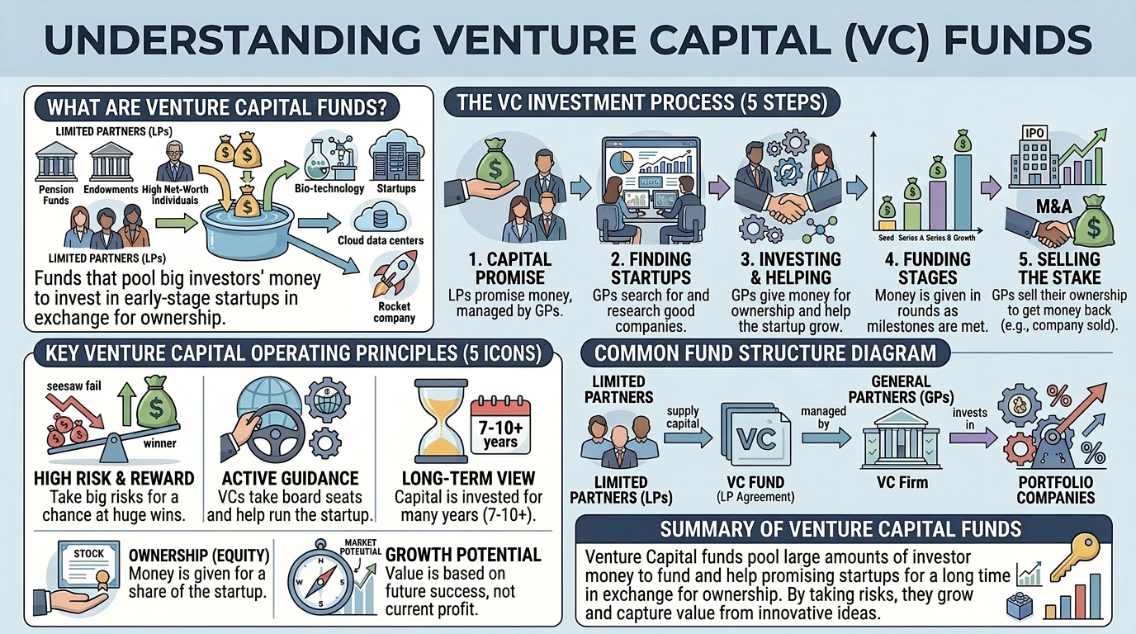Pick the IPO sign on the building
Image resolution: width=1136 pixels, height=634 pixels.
(1034, 132)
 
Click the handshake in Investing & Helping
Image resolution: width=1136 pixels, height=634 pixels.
(783, 208)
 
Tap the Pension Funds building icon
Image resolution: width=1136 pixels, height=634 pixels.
(56, 163)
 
